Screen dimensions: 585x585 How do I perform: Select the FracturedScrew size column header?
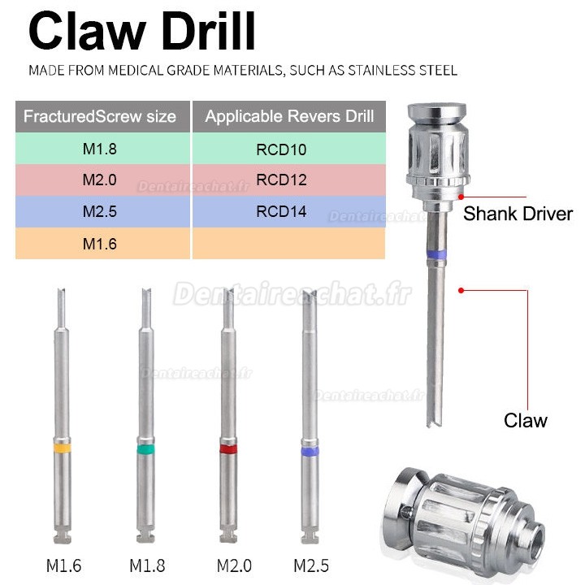pyautogui.click(x=100, y=116)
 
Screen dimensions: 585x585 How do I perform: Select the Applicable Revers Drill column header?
pyautogui.click(x=289, y=116)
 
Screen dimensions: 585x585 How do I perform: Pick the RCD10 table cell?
pyautogui.click(x=289, y=148)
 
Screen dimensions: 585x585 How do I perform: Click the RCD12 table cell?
pyautogui.click(x=289, y=180)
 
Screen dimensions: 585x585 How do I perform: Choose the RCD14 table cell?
pyautogui.click(x=289, y=211)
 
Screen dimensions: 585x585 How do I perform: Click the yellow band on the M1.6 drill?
pyautogui.click(x=63, y=448)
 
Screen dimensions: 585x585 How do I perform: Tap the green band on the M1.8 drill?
pyautogui.click(x=145, y=448)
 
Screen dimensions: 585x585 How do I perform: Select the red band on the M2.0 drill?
pyautogui.click(x=228, y=448)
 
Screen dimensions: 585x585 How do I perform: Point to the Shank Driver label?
pyautogui.click(x=518, y=214)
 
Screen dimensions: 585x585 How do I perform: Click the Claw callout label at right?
pyautogui.click(x=525, y=420)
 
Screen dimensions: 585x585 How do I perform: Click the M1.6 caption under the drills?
pyautogui.click(x=63, y=564)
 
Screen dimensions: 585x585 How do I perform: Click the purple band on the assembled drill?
pyautogui.click(x=438, y=254)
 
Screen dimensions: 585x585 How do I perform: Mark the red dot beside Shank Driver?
pyautogui.click(x=461, y=197)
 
